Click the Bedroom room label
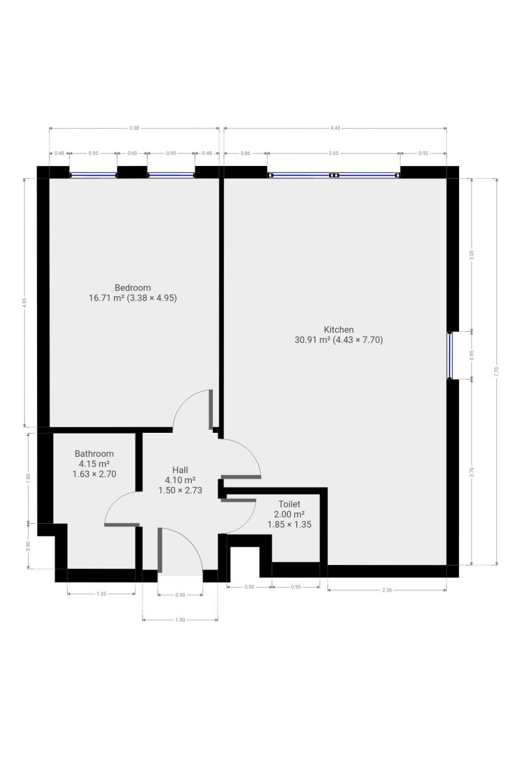point(133,288)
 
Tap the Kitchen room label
point(339,329)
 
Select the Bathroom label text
point(94,454)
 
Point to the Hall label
point(180,470)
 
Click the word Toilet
point(289,504)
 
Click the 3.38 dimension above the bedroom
point(134,128)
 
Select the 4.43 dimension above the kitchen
point(335,128)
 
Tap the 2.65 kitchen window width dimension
point(333,153)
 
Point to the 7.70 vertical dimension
point(497,372)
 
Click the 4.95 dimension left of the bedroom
point(23,302)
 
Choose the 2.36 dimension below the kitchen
point(387,590)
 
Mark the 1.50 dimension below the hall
point(180,620)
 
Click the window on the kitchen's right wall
point(450,355)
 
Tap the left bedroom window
point(93,175)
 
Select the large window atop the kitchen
point(333,175)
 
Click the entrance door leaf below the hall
point(160,550)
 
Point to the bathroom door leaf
point(122,525)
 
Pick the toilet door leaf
point(238,500)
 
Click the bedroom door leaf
point(211,409)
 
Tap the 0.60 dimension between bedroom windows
point(132,153)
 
